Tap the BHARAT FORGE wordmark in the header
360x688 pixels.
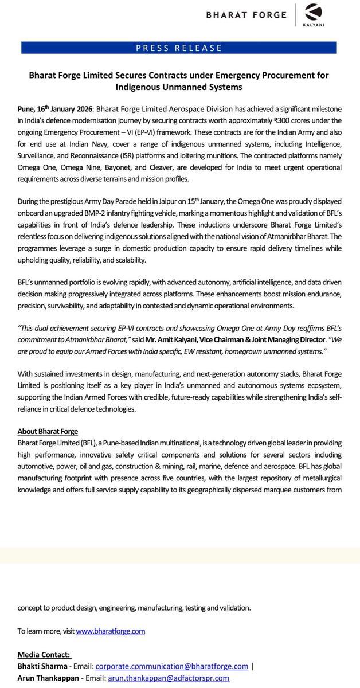click(x=247, y=15)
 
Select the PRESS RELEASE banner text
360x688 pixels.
click(x=179, y=48)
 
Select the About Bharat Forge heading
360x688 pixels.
click(x=48, y=431)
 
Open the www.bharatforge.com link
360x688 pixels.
click(x=111, y=631)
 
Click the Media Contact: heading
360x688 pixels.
click(x=44, y=655)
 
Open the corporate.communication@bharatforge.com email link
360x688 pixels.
click(x=171, y=666)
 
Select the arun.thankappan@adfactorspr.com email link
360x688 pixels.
click(x=162, y=678)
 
